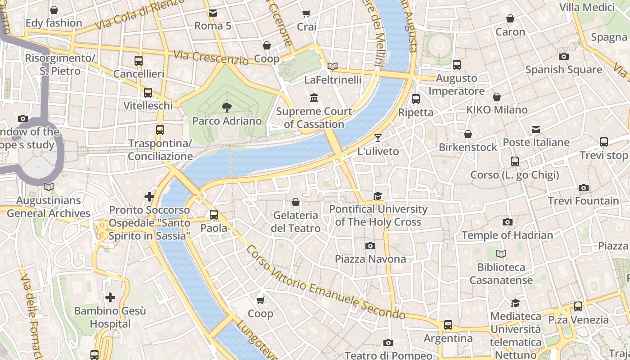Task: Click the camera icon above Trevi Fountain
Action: (584, 188)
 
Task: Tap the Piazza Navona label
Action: (370, 259)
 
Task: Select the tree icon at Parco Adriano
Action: (227, 107)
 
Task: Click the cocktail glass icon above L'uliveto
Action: (378, 138)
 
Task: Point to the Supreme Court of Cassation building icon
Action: (314, 98)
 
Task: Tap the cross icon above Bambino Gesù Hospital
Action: (110, 297)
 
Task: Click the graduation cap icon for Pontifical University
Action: (378, 196)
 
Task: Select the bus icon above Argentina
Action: (448, 324)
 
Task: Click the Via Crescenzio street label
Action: (211, 58)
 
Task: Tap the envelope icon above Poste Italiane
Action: (535, 130)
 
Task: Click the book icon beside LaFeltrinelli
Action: (333, 67)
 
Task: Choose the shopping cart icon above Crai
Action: (306, 13)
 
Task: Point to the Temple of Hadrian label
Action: (507, 235)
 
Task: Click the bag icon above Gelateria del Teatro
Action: (296, 202)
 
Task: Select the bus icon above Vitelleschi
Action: (148, 93)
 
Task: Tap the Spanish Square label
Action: (563, 70)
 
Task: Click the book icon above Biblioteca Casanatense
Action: (501, 254)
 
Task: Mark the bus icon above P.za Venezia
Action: (578, 306)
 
